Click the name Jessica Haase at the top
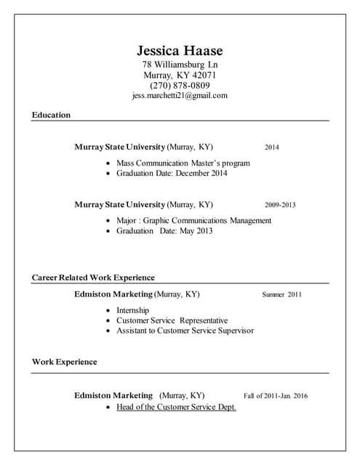(x=180, y=51)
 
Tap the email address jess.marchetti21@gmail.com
(x=180, y=95)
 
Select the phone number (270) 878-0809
(x=180, y=85)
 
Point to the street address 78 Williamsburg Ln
(x=180, y=65)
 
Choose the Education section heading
(x=51, y=115)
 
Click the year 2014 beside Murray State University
(x=271, y=147)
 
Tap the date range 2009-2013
(x=280, y=205)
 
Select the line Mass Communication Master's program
(x=183, y=163)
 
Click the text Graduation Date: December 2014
(x=172, y=174)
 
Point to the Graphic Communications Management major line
(x=193, y=220)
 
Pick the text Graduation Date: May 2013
(x=164, y=231)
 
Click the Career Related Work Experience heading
(x=93, y=278)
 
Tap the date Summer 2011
(x=281, y=295)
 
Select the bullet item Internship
(x=132, y=310)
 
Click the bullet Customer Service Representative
(x=172, y=320)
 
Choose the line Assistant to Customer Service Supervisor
(x=185, y=331)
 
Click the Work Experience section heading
(x=64, y=362)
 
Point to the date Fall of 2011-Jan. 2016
(x=276, y=396)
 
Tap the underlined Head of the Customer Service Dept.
(x=176, y=407)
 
